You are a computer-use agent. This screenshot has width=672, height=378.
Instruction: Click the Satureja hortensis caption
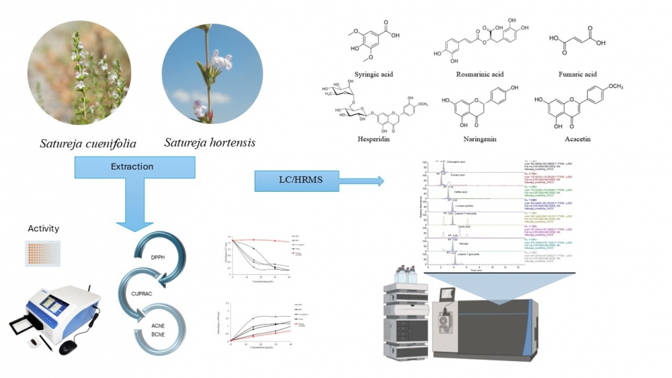point(210,143)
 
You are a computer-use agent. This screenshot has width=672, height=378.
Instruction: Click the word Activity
point(43,229)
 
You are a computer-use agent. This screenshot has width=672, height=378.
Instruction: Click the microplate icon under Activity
point(42,253)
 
